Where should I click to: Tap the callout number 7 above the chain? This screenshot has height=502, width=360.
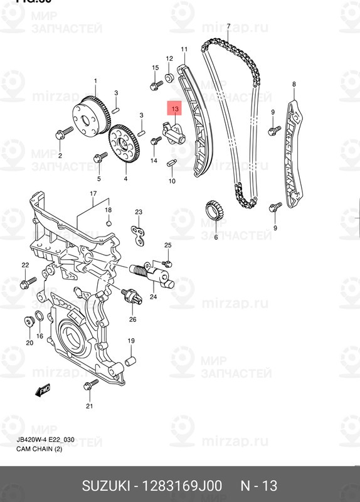tap(228, 26)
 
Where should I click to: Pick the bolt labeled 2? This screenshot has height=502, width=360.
tap(62, 133)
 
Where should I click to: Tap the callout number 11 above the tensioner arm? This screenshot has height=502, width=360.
tap(184, 50)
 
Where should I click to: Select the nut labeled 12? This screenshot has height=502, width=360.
tap(169, 78)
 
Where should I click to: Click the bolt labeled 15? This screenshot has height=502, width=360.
tap(154, 85)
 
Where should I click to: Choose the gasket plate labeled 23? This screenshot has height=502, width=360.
tap(139, 235)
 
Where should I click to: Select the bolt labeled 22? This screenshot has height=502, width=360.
tap(25, 284)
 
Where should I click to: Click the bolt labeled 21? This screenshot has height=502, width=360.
tap(91, 383)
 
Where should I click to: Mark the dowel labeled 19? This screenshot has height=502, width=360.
tap(130, 361)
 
